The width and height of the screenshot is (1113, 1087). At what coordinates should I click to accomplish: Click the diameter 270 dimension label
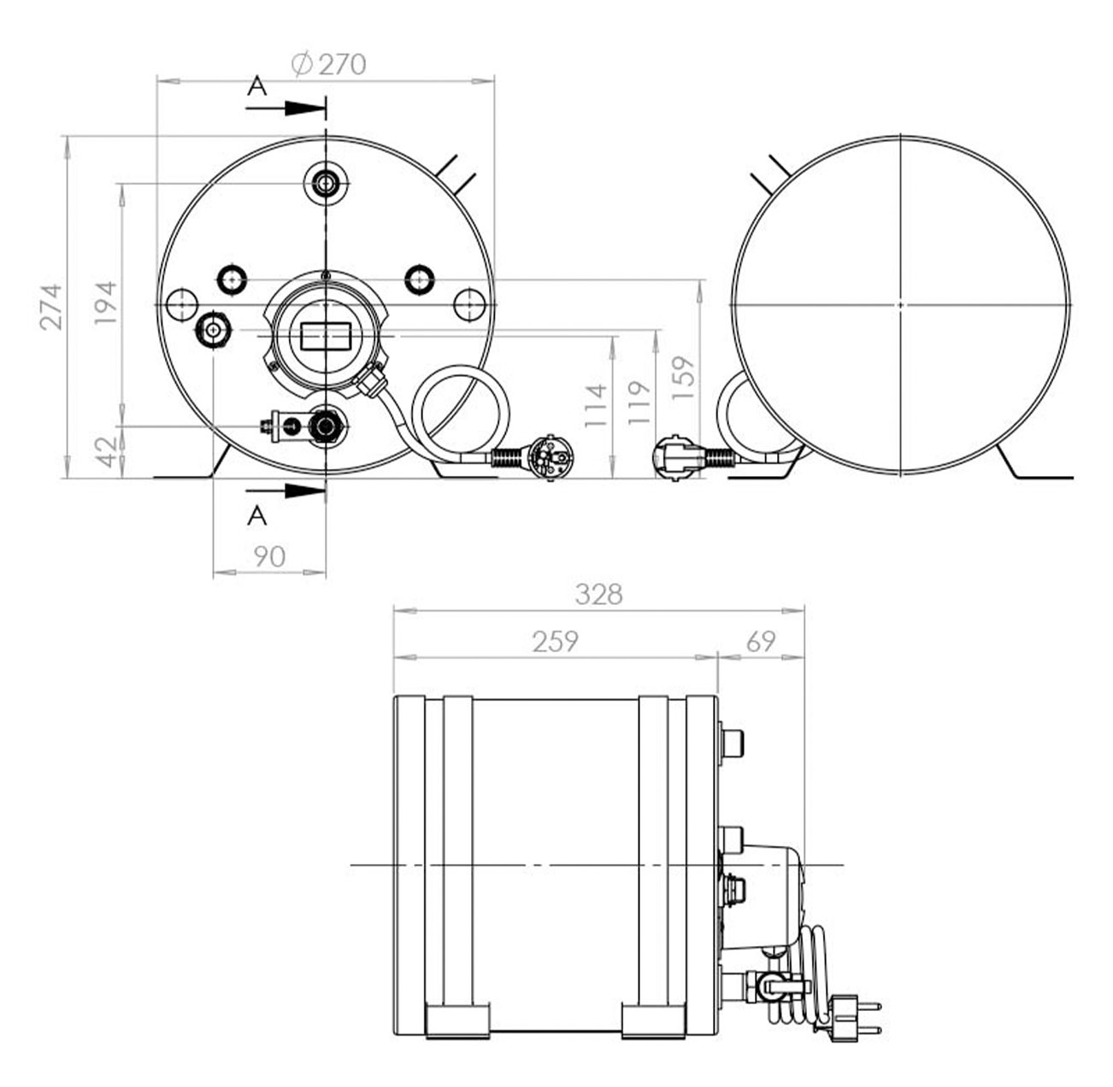(327, 64)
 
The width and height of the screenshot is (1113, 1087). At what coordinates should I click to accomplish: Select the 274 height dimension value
(51, 307)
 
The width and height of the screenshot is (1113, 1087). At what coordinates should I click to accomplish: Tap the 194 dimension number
(106, 303)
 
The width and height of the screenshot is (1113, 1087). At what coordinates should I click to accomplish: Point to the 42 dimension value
(107, 452)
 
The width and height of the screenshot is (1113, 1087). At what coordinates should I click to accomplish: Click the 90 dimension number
(269, 556)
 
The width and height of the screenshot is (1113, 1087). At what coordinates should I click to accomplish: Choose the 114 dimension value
(595, 405)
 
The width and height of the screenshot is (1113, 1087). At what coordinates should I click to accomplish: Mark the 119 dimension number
(639, 402)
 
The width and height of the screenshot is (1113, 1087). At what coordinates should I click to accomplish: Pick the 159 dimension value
(683, 378)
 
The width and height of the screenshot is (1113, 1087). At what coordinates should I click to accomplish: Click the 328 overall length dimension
(598, 594)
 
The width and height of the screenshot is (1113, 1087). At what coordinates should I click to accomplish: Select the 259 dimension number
(556, 642)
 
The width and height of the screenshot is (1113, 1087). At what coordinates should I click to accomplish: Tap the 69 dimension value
(761, 642)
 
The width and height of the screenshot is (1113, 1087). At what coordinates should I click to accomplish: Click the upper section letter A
(257, 86)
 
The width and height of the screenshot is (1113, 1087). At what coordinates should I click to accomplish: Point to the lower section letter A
(257, 516)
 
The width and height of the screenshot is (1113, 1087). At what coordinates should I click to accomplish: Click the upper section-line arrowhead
(305, 108)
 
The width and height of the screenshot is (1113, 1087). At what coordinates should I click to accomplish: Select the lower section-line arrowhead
(305, 490)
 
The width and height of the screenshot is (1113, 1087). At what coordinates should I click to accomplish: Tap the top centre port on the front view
(326, 184)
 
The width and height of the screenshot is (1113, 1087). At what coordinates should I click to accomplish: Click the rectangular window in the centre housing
(326, 336)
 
